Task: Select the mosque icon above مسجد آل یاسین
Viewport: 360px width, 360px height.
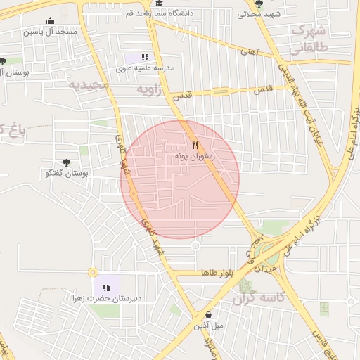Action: coord(51,20)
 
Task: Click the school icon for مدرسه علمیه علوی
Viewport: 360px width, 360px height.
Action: coord(145,57)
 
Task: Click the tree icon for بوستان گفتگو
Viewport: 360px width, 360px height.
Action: coord(67,162)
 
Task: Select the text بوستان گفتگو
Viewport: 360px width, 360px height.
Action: coord(65,173)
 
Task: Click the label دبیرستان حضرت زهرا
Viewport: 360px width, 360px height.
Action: coord(106,298)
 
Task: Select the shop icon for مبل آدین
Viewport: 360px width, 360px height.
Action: coord(209,314)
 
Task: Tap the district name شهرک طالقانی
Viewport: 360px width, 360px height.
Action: coord(309,41)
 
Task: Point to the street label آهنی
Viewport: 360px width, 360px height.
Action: coord(248,51)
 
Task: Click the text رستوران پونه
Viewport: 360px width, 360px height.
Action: coord(195,159)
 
